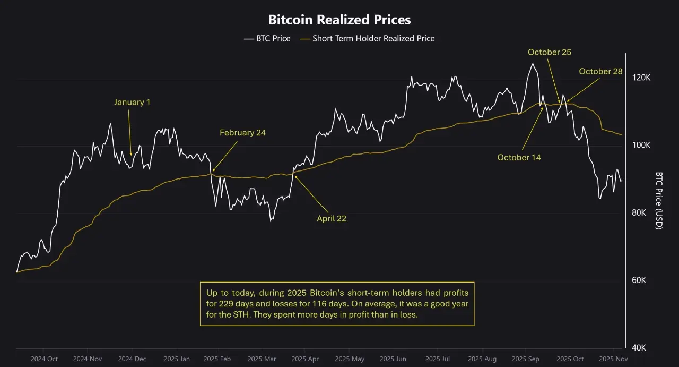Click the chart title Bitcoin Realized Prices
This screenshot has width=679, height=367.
pos(339,20)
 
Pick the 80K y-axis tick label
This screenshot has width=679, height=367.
pos(642,212)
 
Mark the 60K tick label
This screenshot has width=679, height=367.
pos(642,280)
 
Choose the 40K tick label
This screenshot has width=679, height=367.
pos(642,348)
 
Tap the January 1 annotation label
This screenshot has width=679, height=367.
pos(132,102)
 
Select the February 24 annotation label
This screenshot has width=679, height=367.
pos(242,133)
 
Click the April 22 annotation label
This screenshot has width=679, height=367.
pos(332,218)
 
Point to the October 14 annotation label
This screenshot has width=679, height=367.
pos(519,157)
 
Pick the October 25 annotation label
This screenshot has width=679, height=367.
pos(549,52)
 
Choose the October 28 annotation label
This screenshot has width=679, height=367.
pos(600,71)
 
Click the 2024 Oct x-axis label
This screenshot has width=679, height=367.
pos(44,359)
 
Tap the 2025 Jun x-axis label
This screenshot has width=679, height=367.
pos(394,359)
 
